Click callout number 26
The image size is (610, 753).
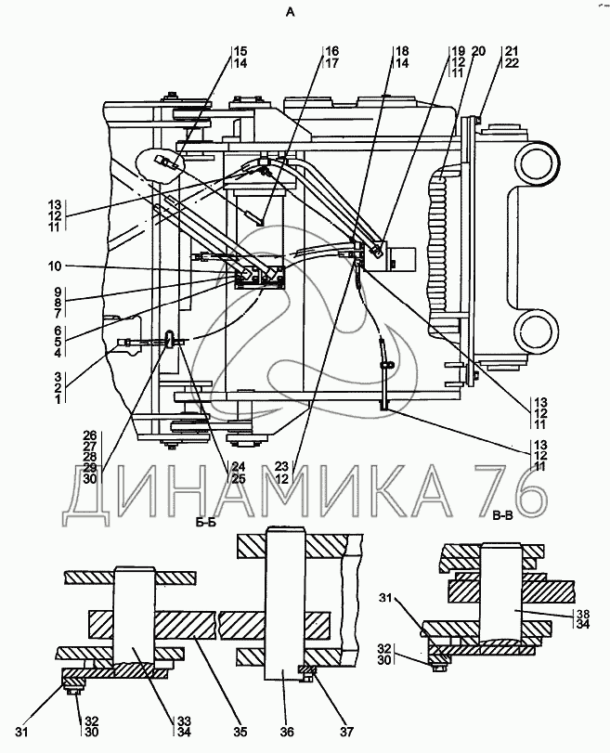point(89,435)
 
